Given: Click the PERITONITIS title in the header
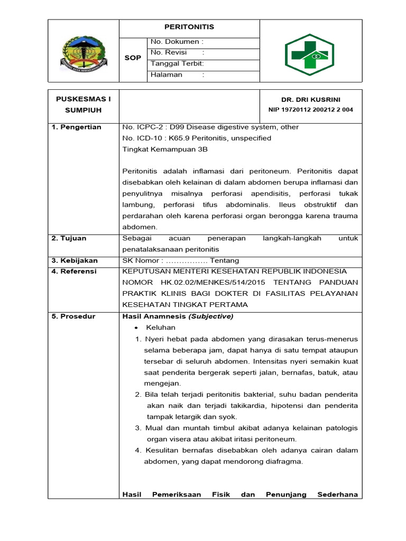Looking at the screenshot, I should pos(189,27).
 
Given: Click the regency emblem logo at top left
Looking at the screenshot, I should pos(84,51).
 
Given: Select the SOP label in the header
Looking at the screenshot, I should pos(133,58).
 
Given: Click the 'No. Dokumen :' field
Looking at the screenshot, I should pos(177,42).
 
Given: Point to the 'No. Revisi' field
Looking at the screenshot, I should pos(177,53).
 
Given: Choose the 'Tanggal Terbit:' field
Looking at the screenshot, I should pos(177,64).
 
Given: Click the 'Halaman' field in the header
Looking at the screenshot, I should pos(177,75).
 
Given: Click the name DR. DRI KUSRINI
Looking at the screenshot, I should pos(311,100).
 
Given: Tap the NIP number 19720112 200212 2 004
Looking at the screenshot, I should pos(311,110).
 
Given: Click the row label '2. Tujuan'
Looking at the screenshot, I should pos(69,238).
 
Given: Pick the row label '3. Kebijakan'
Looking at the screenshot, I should pos(73,260).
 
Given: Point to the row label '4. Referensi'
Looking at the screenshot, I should pos(74,272).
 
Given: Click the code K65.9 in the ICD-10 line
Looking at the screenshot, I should pos(180,138).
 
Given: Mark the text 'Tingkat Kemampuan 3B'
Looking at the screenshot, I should pos(165,149).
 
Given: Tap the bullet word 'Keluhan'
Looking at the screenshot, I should pos(161,328).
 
